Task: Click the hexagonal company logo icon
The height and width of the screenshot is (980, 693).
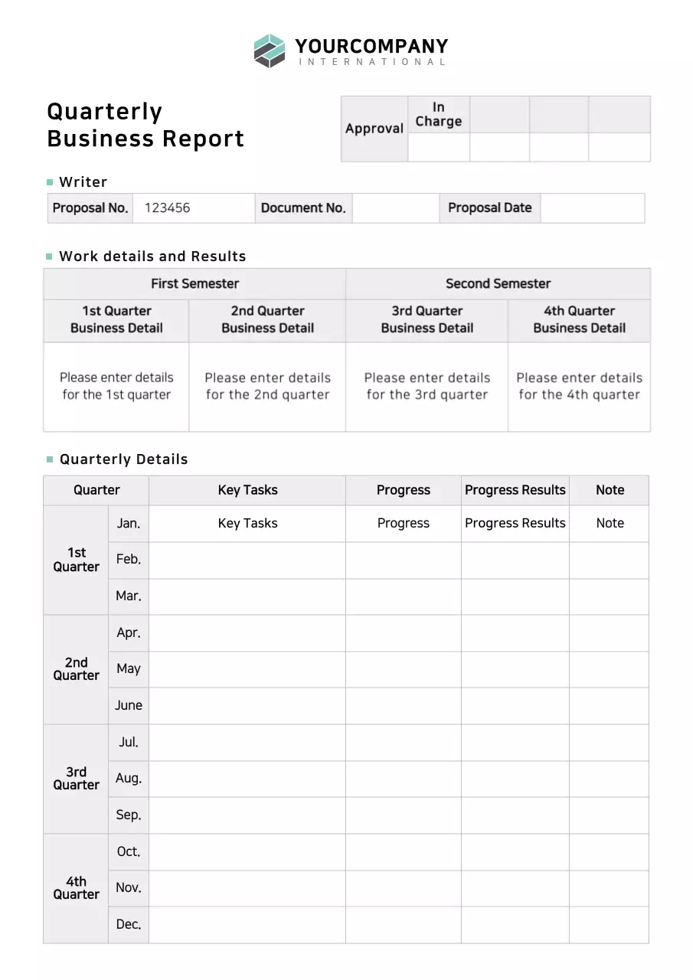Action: pyautogui.click(x=270, y=51)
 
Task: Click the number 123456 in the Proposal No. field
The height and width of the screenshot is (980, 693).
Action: pyautogui.click(x=167, y=207)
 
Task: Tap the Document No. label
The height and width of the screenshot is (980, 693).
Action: pyautogui.click(x=303, y=207)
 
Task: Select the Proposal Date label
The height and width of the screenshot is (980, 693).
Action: pyautogui.click(x=489, y=207)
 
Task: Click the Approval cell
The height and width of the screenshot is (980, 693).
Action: pyautogui.click(x=374, y=129)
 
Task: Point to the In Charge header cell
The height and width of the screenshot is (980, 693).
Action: pyautogui.click(x=438, y=114)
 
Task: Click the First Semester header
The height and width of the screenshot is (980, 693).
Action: pyautogui.click(x=194, y=283)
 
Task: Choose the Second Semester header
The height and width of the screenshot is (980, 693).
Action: pyautogui.click(x=498, y=283)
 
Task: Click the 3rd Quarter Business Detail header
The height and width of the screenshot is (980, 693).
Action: pyautogui.click(x=427, y=319)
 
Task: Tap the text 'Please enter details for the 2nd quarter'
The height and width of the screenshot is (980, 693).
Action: pyautogui.click(x=267, y=386)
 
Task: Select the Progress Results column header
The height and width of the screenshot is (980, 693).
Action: pyautogui.click(x=515, y=490)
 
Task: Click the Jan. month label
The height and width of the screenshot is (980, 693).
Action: pyautogui.click(x=128, y=524)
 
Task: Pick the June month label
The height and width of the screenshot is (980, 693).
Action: pyautogui.click(x=128, y=705)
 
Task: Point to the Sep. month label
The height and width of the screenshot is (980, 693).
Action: pyautogui.click(x=128, y=815)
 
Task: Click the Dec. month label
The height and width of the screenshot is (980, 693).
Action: pyautogui.click(x=128, y=924)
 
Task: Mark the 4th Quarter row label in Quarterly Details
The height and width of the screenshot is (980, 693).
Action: pyautogui.click(x=76, y=887)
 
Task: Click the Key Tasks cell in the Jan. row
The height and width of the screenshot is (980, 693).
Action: pyautogui.click(x=247, y=524)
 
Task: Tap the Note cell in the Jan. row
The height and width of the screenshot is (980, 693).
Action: pyautogui.click(x=610, y=524)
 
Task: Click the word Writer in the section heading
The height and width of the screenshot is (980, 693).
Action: pyautogui.click(x=83, y=181)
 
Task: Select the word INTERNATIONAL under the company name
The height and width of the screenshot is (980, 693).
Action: pyautogui.click(x=371, y=62)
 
